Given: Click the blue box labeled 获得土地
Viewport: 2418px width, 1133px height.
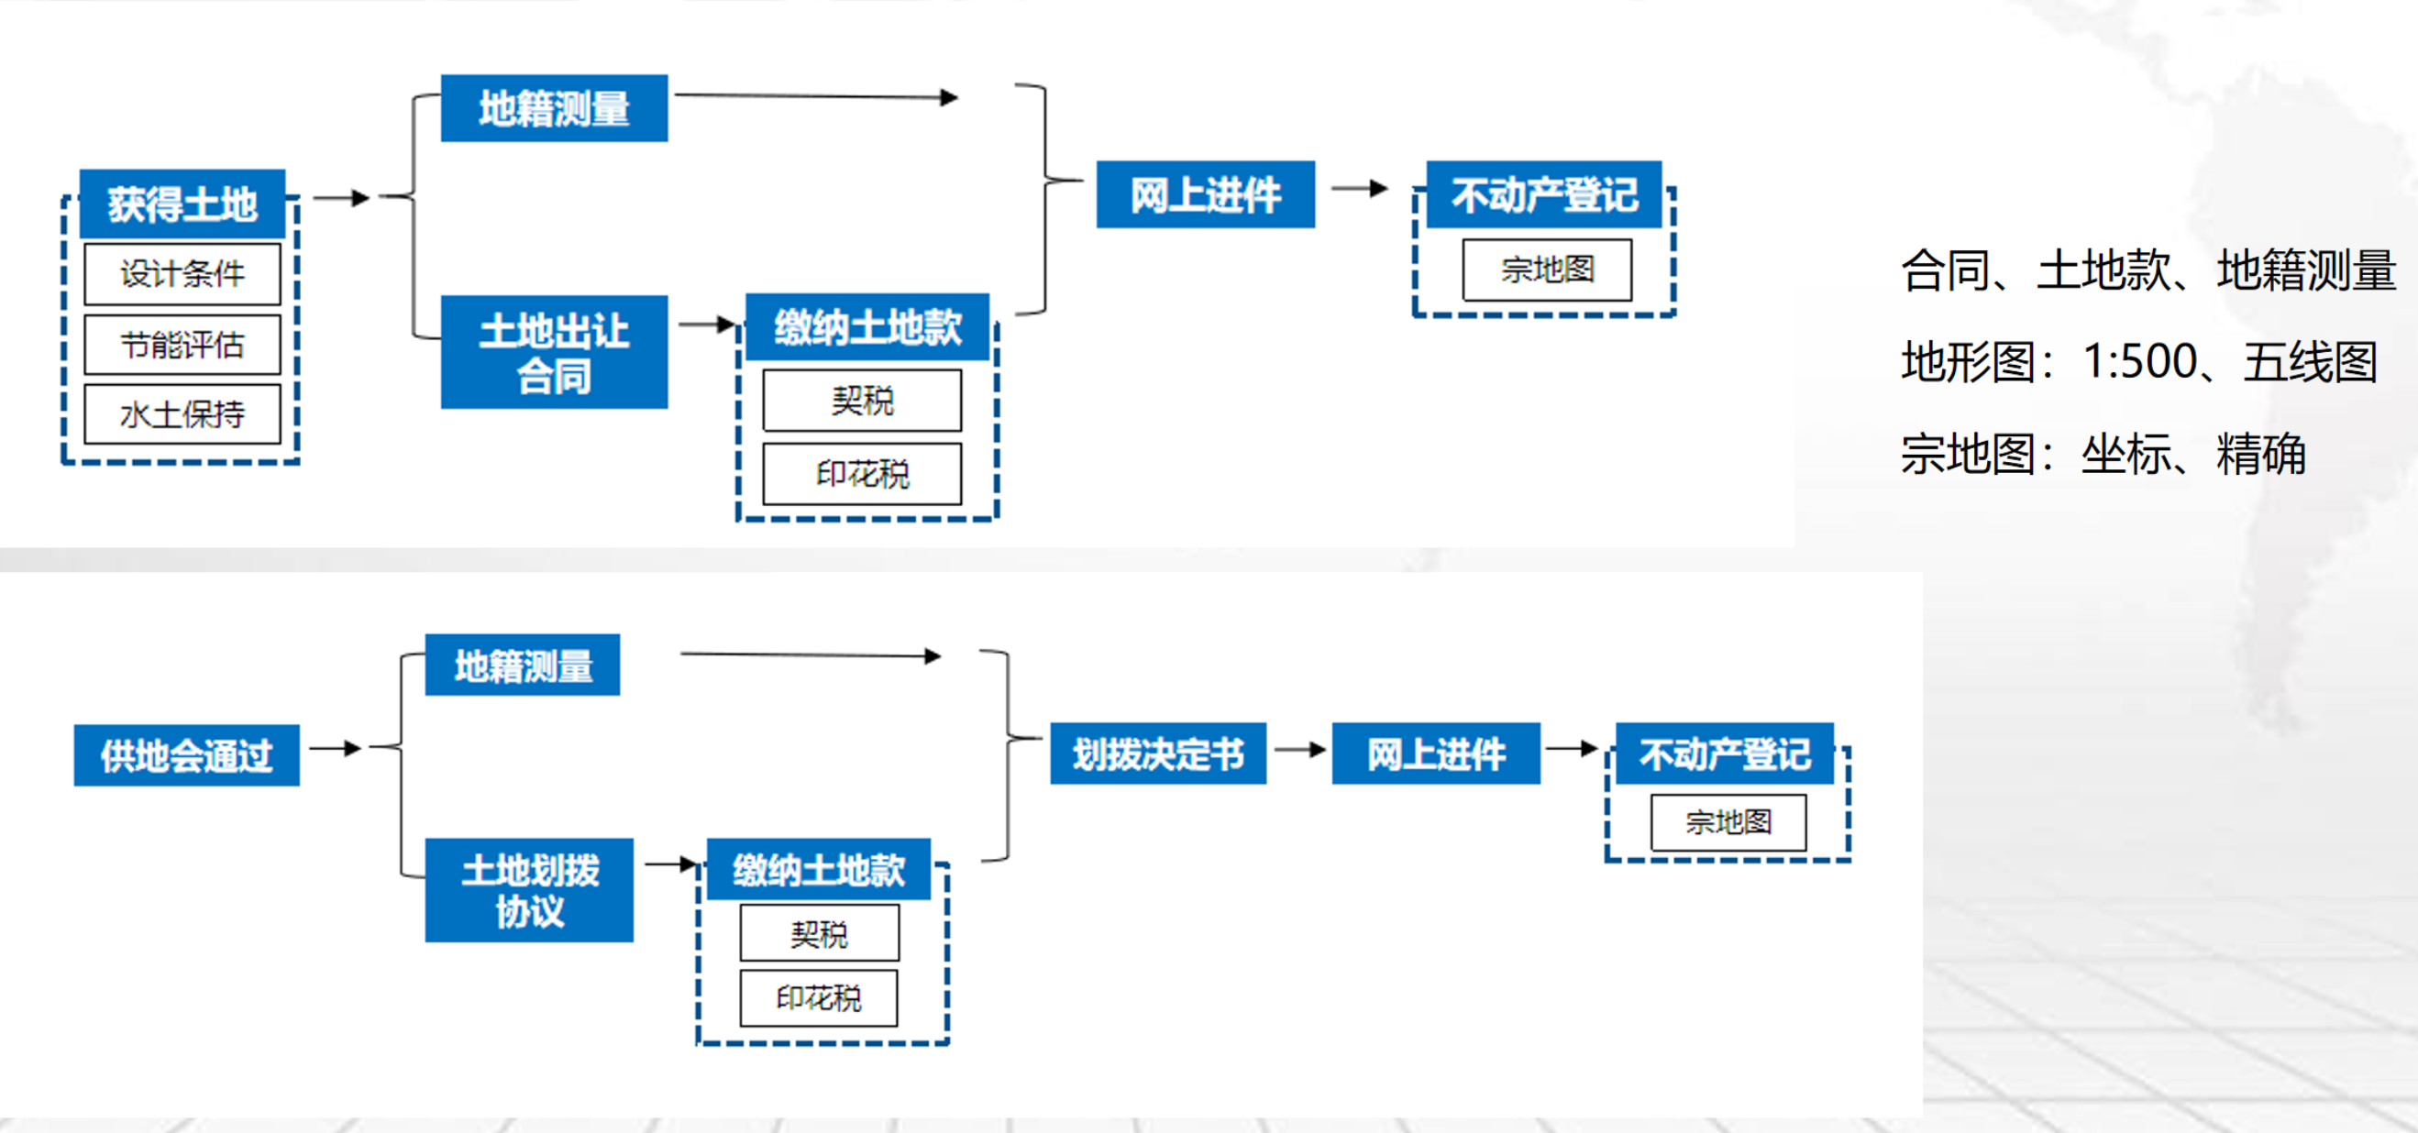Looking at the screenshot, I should coord(182,203).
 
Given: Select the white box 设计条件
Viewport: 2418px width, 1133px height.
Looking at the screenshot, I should coord(182,274).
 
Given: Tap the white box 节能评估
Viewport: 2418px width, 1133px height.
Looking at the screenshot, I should coord(182,346).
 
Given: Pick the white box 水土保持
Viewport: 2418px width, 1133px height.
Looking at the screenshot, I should coord(182,414).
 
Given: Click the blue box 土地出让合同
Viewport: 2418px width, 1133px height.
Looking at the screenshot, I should coord(554,352).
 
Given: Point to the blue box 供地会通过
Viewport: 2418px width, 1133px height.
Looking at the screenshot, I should coord(186,754).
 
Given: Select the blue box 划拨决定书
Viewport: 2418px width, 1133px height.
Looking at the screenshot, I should coord(1157,753).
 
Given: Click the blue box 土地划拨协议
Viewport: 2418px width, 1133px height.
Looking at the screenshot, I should coord(528,890).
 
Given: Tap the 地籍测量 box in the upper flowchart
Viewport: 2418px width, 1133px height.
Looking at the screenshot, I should coord(554,108).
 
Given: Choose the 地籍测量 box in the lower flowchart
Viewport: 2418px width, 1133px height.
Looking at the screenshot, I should coord(522,665).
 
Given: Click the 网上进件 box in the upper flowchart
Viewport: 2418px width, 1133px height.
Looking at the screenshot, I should coord(1205,194).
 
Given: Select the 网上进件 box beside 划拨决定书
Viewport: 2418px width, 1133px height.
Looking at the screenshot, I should coord(1435,753).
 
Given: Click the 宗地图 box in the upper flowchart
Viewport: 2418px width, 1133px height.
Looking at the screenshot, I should coord(1547,270).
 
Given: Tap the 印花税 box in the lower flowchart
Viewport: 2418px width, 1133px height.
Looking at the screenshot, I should coord(818,998).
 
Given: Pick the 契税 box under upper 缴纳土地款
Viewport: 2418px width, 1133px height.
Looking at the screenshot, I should coord(862,401).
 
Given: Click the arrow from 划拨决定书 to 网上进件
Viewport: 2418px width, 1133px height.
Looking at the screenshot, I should coord(1299,750).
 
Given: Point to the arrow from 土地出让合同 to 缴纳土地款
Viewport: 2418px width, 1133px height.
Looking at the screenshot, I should coord(706,324).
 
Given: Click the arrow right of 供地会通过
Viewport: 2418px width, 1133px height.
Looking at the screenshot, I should coord(335,748).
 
